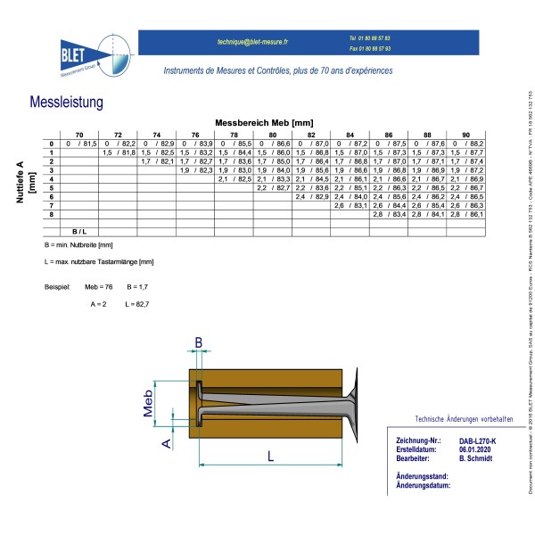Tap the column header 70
78,134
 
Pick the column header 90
465,134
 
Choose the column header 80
272,134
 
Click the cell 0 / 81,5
78,144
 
